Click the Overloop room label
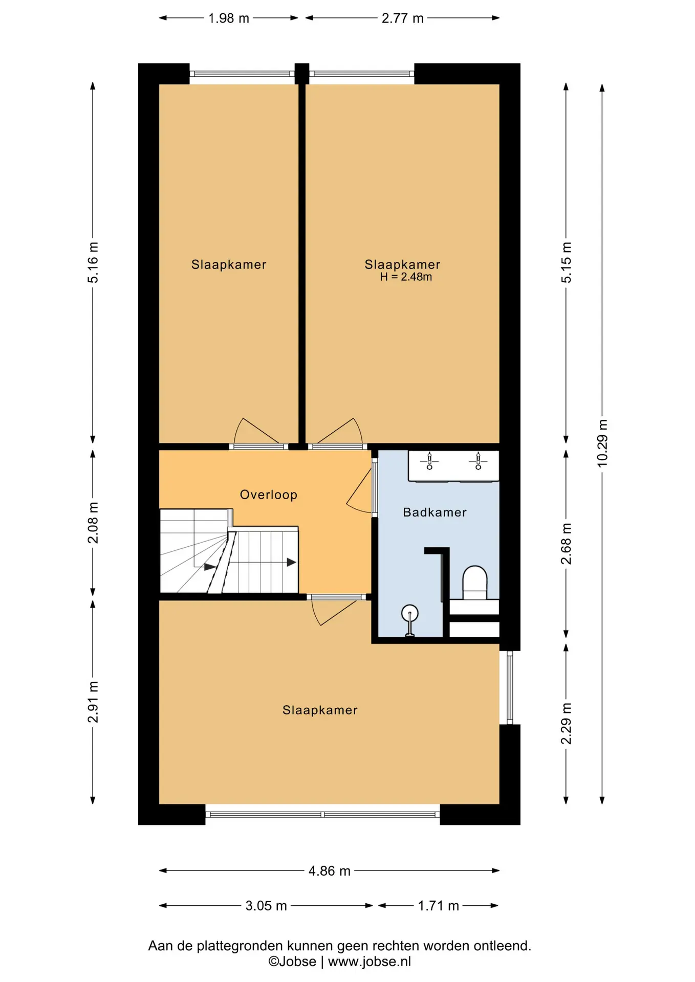[x=269, y=495]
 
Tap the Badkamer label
[x=435, y=512]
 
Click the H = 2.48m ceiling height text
[x=406, y=277]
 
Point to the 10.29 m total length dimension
[x=602, y=443]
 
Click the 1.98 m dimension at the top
[x=229, y=18]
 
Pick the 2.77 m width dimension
[x=403, y=18]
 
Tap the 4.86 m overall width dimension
[x=330, y=871]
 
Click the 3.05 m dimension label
[x=266, y=905]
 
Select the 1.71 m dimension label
[x=438, y=905]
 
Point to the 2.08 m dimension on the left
[x=93, y=523]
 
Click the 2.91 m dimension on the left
[x=93, y=702]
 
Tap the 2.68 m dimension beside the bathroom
[x=566, y=544]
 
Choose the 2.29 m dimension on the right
[x=566, y=724]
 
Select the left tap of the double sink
[x=429, y=461]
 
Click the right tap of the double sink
[x=478, y=461]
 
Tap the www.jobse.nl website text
[x=370, y=962]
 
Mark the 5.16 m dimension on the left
[x=93, y=262]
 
